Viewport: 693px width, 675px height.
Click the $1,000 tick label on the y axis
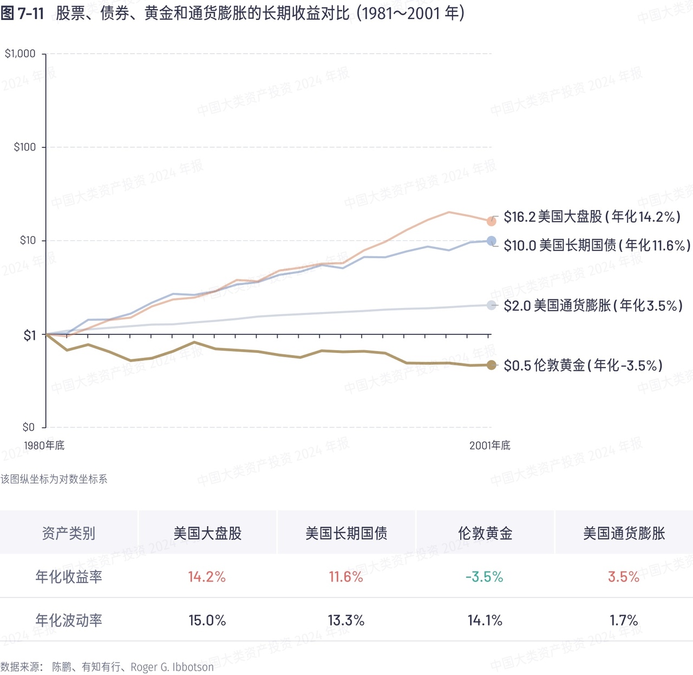tap(20, 54)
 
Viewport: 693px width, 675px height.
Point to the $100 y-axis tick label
tap(24, 147)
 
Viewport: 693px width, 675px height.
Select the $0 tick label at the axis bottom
tap(29, 427)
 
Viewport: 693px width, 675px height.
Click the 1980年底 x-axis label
tap(44, 445)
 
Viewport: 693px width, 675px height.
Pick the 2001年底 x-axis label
tap(489, 445)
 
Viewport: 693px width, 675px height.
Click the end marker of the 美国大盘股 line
tap(491, 221)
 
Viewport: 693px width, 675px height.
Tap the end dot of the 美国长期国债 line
tap(491, 241)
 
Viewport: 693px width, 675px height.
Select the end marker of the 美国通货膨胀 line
tap(491, 305)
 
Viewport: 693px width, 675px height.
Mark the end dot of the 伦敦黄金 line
tap(491, 365)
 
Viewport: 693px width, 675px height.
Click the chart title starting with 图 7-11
tap(232, 13)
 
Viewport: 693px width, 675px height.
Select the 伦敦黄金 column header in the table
tap(485, 533)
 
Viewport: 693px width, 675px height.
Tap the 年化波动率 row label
tap(69, 620)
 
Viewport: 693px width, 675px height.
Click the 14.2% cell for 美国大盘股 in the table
tap(207, 577)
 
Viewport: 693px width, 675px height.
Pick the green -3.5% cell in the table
tap(485, 577)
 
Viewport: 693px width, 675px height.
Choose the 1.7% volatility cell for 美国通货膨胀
tap(624, 620)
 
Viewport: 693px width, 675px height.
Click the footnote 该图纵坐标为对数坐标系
tap(54, 479)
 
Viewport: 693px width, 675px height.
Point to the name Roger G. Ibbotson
tap(172, 667)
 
